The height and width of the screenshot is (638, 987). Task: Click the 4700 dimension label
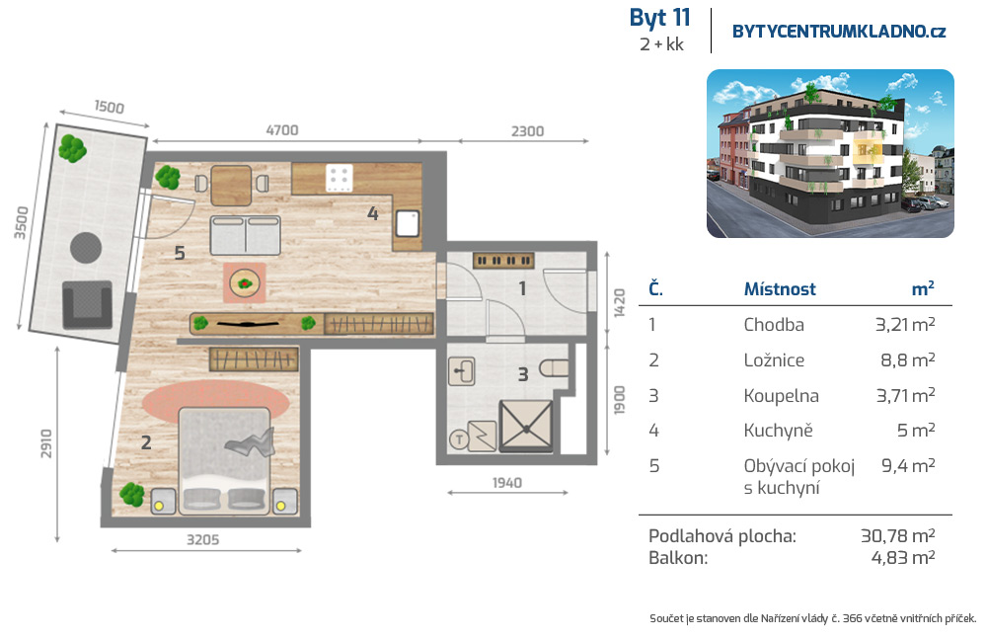(x=282, y=129)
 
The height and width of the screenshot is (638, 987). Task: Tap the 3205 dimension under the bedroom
(x=202, y=540)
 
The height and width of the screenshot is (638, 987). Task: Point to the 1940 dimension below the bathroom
(x=506, y=482)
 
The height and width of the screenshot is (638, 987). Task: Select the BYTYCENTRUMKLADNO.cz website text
(x=838, y=32)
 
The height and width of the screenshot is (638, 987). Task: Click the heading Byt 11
(x=659, y=18)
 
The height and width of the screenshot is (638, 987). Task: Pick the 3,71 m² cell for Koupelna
(x=905, y=395)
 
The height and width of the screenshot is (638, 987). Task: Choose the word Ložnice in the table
(x=774, y=360)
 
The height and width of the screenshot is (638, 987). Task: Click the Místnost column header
(x=780, y=289)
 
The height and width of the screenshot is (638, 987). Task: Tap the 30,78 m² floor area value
(x=897, y=536)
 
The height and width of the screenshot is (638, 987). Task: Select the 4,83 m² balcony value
(x=903, y=557)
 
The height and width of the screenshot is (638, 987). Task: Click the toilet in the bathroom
(x=554, y=368)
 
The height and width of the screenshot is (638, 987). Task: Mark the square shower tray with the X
(x=526, y=426)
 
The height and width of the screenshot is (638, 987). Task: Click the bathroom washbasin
(x=461, y=371)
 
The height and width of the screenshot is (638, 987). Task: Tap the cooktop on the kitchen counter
(x=338, y=178)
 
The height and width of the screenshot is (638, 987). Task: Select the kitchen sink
(x=407, y=223)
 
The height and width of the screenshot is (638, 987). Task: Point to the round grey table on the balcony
(x=86, y=248)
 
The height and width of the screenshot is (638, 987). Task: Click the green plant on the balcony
(x=72, y=149)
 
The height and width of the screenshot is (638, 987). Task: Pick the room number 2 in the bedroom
(x=146, y=442)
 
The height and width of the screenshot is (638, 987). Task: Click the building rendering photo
(x=830, y=154)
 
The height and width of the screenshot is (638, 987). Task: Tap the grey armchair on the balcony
(x=87, y=305)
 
